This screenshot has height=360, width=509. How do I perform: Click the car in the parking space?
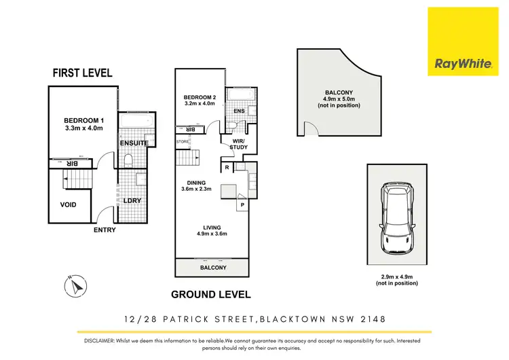pos(397,219)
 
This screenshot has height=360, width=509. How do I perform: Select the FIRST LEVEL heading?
pos(82,73)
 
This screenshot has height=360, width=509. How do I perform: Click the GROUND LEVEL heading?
pos(210,295)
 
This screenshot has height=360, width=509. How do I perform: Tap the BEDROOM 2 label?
pos(199,101)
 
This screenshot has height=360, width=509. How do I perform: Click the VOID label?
pos(68,204)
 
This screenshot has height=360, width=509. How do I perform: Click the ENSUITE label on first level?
pos(133,143)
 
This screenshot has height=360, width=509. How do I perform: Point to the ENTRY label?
pos(105,230)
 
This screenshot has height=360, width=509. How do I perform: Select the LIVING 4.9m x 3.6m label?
pos(210,230)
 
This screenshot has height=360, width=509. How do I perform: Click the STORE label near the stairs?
pos(182,141)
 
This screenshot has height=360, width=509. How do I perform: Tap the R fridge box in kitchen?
pos(225,166)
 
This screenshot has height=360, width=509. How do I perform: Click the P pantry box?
pos(242,204)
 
